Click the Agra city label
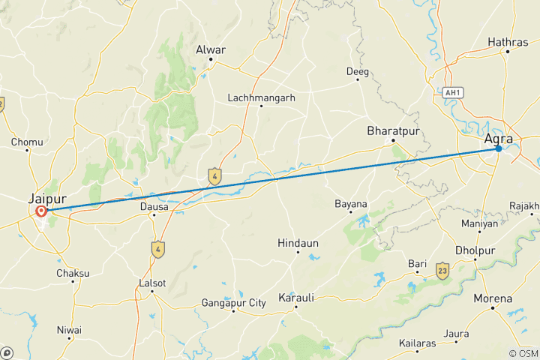[499, 138]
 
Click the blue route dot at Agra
[498, 148]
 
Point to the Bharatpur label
[391, 130]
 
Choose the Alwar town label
[210, 49]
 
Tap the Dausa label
[153, 205]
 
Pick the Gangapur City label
[233, 303]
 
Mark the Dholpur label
[475, 250]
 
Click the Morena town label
[493, 298]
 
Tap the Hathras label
[508, 43]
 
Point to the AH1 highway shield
[451, 92]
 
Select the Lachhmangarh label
[261, 97]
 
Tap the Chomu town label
[26, 142]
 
